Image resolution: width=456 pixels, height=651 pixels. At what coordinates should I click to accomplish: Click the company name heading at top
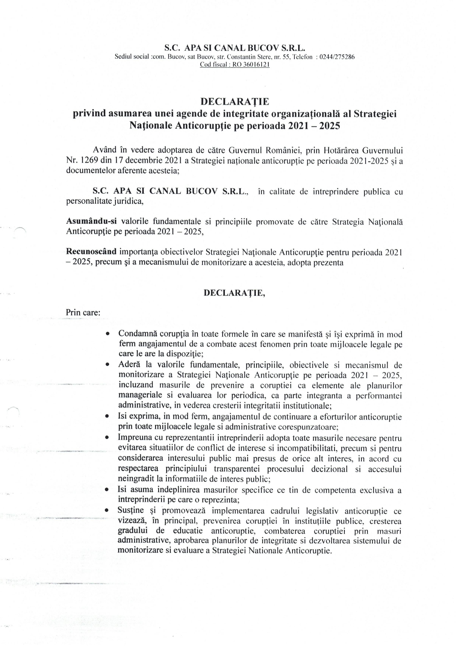click(x=234, y=48)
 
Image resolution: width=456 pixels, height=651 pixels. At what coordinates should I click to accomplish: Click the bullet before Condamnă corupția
click(x=108, y=334)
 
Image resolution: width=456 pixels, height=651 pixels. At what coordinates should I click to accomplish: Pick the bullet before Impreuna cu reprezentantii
click(x=108, y=438)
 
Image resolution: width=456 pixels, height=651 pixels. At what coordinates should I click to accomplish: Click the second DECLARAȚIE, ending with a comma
click(x=234, y=293)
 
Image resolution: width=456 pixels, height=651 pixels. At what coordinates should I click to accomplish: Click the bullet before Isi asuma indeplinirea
click(x=108, y=490)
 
